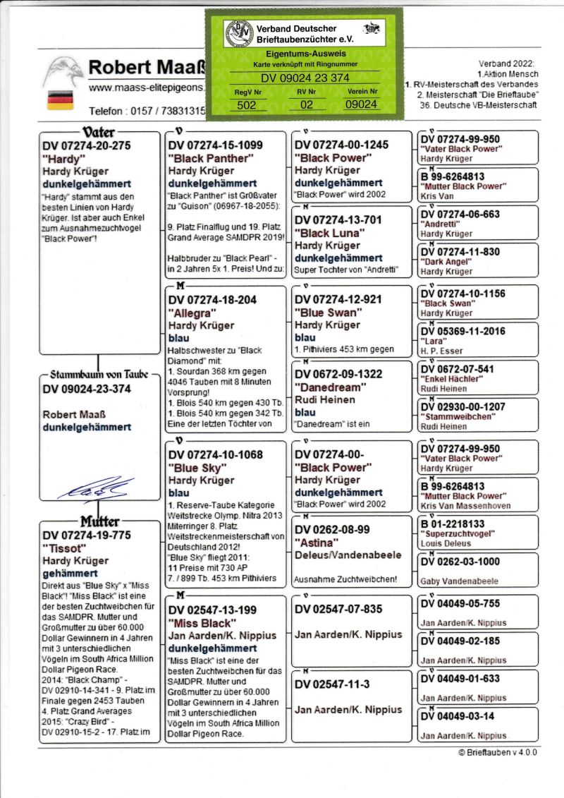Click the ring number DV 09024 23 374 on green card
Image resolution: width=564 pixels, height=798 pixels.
[x=305, y=78]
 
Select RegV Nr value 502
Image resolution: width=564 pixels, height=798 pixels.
[x=246, y=104]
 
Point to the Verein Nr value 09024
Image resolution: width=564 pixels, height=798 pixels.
[x=361, y=104]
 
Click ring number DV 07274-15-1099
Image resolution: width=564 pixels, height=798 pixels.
[x=216, y=145]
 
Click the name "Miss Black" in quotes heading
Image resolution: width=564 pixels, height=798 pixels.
[x=200, y=623]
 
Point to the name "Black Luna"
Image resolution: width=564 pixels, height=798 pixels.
[x=329, y=233]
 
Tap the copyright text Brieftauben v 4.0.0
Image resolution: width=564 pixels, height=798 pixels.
[x=497, y=752]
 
